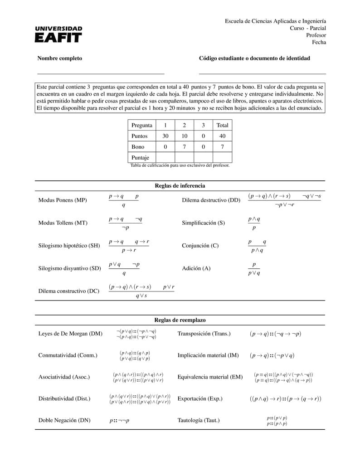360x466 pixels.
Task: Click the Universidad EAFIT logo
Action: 58,34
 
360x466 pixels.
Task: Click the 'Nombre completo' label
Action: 59,58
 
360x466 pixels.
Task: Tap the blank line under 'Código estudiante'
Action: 262,73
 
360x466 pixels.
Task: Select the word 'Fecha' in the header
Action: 319,43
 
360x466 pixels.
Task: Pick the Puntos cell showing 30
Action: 165,136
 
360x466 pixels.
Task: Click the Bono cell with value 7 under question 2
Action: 184,147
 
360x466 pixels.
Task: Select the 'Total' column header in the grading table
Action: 222,125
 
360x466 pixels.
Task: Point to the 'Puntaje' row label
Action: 140,158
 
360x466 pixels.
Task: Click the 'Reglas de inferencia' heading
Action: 180,186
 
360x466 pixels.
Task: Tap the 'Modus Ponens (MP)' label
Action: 63,200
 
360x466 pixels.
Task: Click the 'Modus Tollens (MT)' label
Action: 63,223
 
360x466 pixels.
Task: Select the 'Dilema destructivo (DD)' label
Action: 211,200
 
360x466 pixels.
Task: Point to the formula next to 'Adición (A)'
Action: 254,268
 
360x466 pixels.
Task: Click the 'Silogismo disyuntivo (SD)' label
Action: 69,268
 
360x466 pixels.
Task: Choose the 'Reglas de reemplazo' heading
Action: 180,320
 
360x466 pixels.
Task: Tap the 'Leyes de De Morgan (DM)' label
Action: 70,334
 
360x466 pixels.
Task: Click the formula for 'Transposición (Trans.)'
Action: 275,334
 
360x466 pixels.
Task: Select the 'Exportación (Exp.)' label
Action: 200,399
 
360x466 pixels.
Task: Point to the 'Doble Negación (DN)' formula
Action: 119,420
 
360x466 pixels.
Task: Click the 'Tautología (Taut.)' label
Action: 199,420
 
